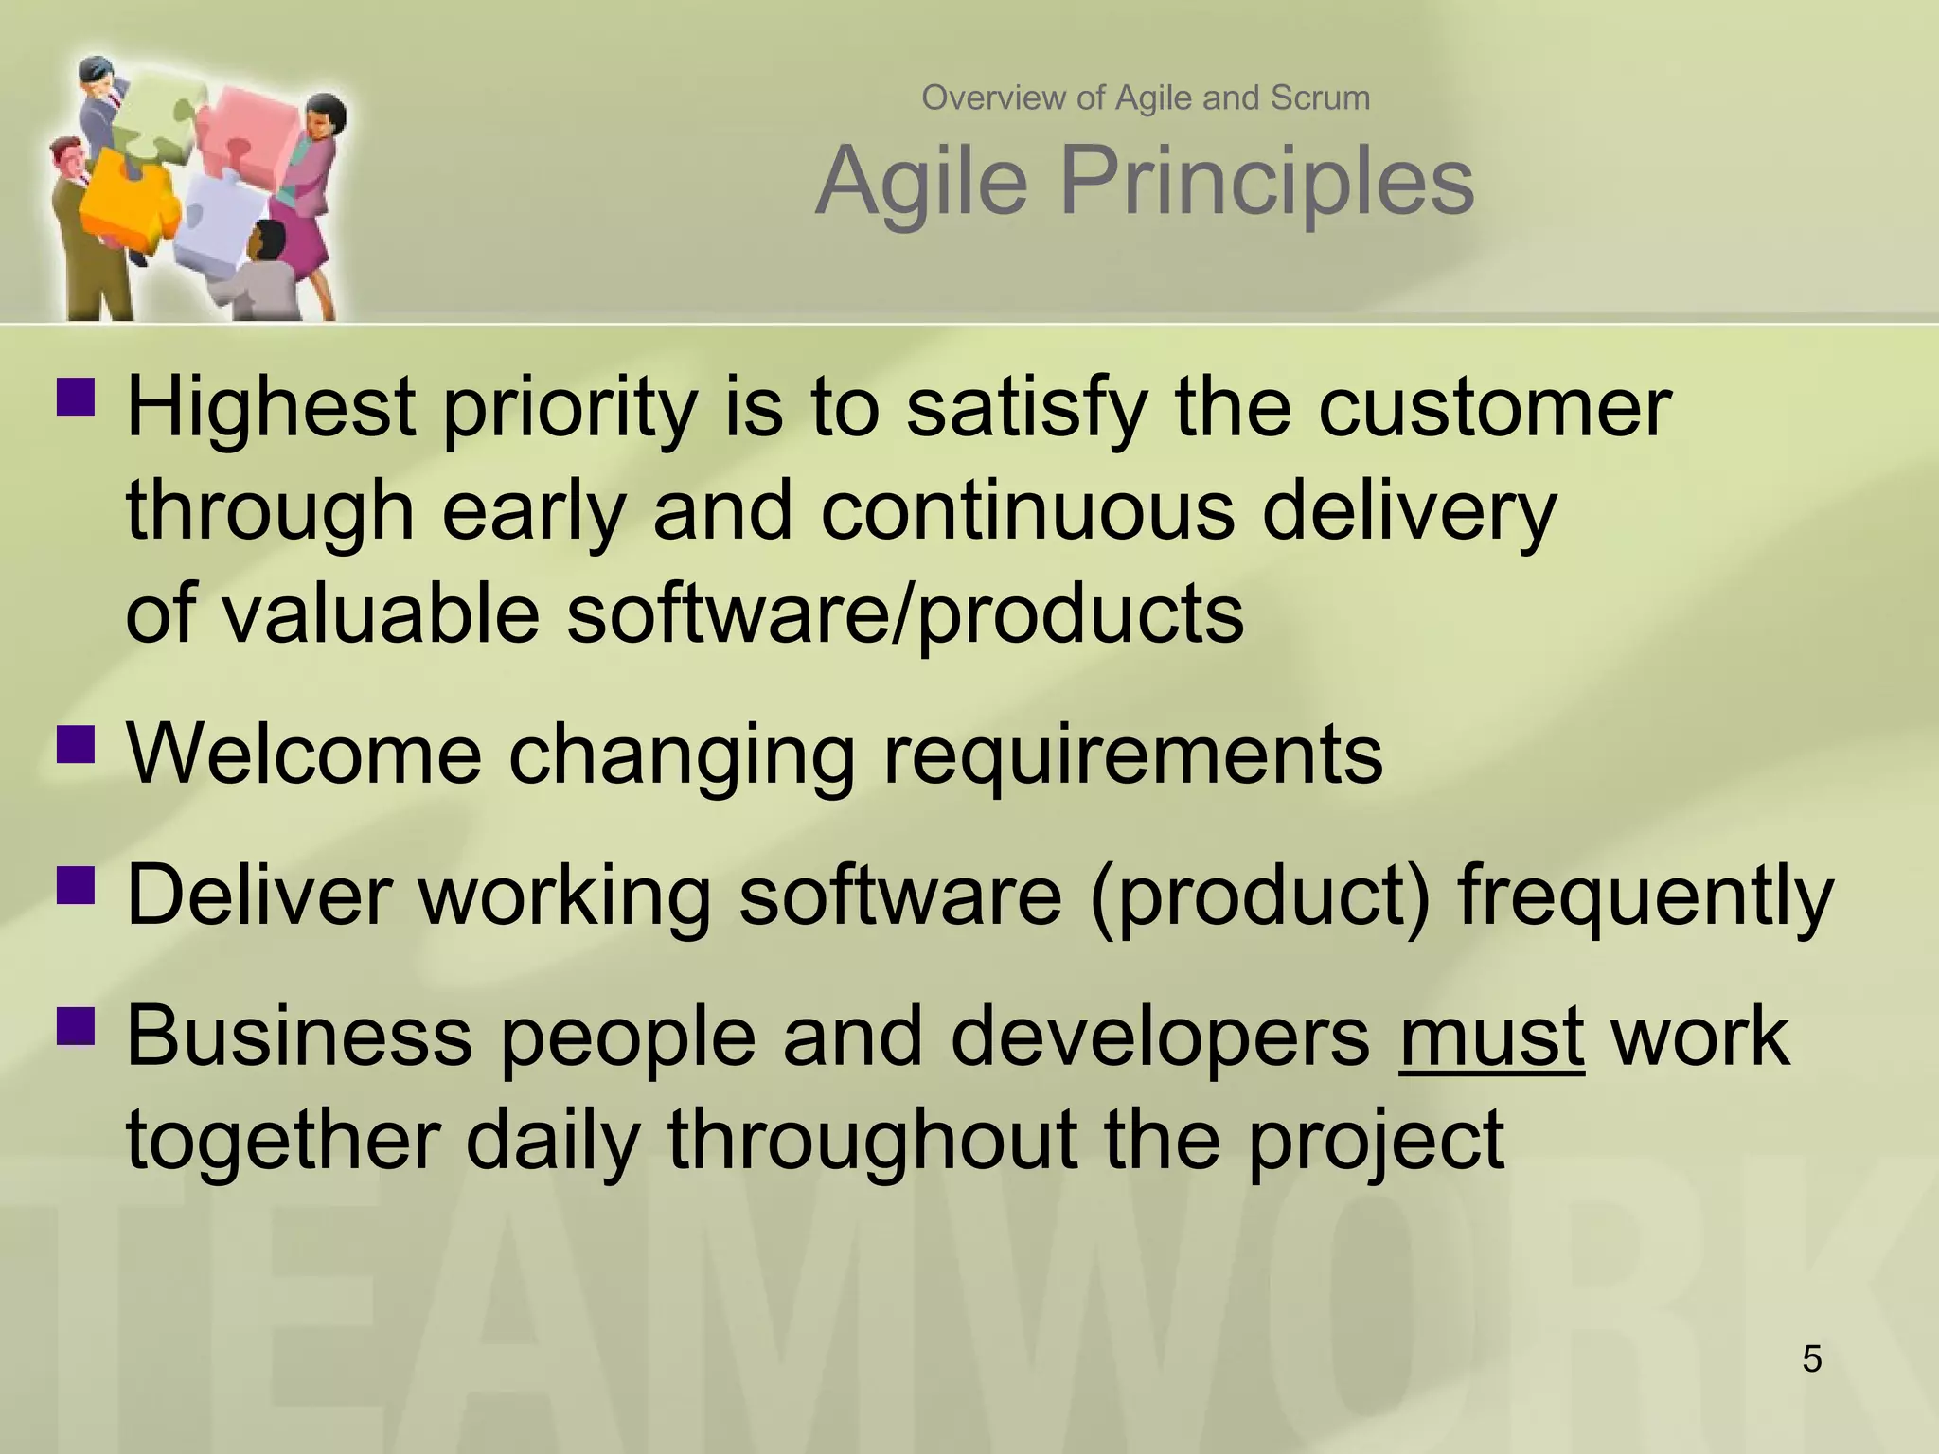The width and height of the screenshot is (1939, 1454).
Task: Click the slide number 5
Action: pos(1811,1359)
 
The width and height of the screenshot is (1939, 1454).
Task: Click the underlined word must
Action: pos(1491,1037)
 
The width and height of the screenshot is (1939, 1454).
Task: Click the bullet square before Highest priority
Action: pos(76,397)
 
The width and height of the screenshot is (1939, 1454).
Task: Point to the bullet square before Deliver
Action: pos(76,883)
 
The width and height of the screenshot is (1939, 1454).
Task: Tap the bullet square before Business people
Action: pos(76,1024)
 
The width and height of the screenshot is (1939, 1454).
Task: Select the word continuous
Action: pos(1027,511)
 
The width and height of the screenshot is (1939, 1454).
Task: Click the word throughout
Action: pos(872,1140)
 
